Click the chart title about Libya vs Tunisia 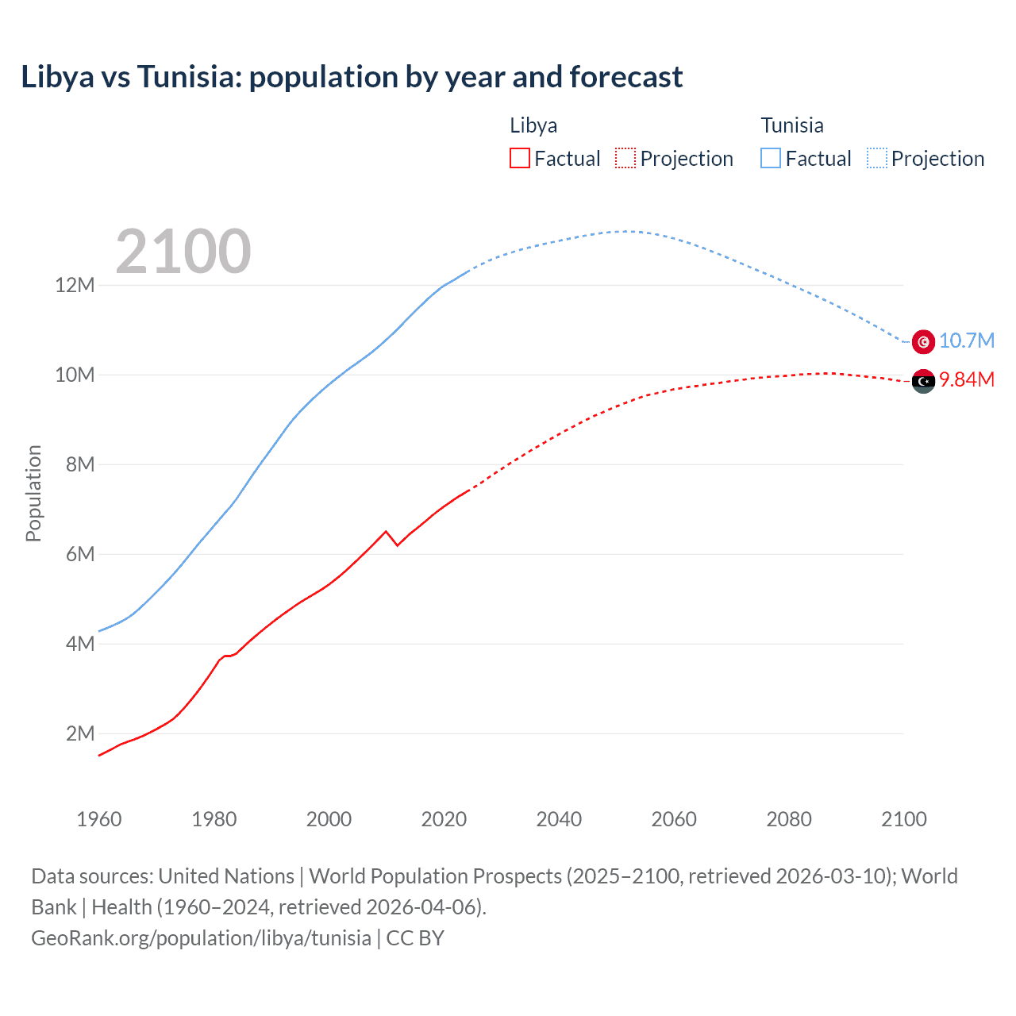click(352, 77)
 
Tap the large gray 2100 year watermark click(183, 252)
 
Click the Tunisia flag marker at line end click(923, 341)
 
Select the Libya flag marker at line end click(923, 382)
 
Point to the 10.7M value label click(967, 341)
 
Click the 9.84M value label click(967, 379)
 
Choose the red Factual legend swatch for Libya click(519, 158)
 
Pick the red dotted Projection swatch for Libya click(625, 158)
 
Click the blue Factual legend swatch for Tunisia click(771, 158)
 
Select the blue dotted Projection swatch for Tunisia click(877, 158)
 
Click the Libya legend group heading click(533, 125)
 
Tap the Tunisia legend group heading click(792, 125)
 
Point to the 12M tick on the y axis click(75, 285)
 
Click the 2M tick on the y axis click(79, 733)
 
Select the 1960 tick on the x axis click(99, 819)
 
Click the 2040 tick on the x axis click(559, 819)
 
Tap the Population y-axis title click(33, 493)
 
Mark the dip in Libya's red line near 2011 click(397, 545)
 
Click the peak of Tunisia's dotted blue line click(627, 231)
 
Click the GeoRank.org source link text click(201, 938)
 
